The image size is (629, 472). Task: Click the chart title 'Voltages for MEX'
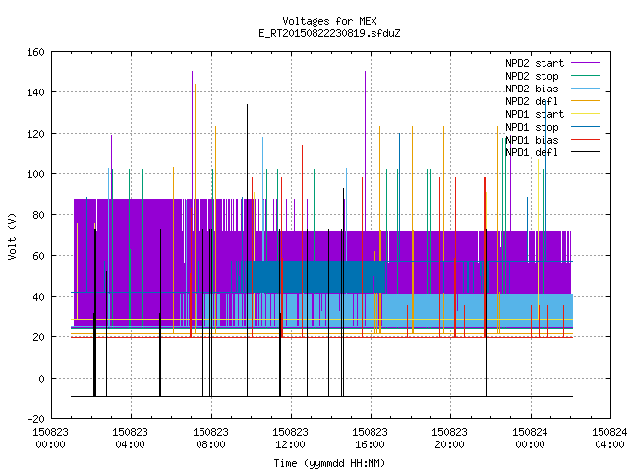[329, 21]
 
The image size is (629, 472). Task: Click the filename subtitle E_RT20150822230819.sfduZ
[329, 33]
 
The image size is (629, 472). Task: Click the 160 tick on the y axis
[35, 52]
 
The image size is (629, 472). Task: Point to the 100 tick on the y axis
[35, 174]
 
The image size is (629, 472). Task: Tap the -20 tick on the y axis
[35, 419]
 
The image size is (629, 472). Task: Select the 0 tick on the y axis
[41, 378]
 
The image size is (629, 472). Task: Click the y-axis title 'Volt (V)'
[13, 236]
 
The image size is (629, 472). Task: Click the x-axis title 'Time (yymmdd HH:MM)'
[329, 463]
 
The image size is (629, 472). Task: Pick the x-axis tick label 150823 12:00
[290, 439]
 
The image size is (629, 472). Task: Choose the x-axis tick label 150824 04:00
[609, 439]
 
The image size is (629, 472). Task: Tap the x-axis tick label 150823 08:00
[210, 439]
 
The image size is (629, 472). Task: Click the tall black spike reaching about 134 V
[247, 251]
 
